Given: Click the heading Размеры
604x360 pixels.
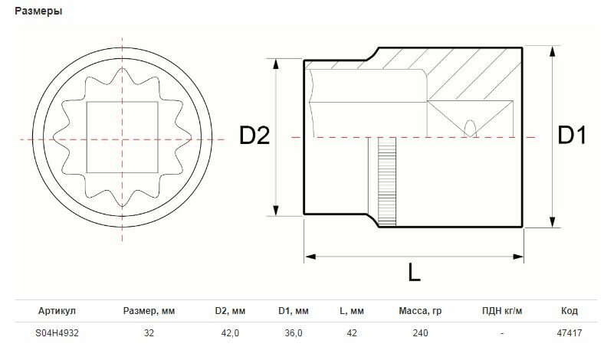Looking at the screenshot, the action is (38, 11).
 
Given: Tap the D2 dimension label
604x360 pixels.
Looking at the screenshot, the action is (254, 136).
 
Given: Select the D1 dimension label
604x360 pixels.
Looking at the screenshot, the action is (572, 136).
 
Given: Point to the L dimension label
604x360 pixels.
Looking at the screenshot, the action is (415, 272).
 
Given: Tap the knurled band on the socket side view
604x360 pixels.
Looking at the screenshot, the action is (387, 182).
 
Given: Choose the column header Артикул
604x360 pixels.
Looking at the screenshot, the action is (57, 311).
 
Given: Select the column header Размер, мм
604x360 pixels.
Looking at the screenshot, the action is (149, 311).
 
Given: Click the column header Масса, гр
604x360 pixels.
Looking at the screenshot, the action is (420, 311).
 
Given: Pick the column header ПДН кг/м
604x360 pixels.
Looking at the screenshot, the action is (502, 311).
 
